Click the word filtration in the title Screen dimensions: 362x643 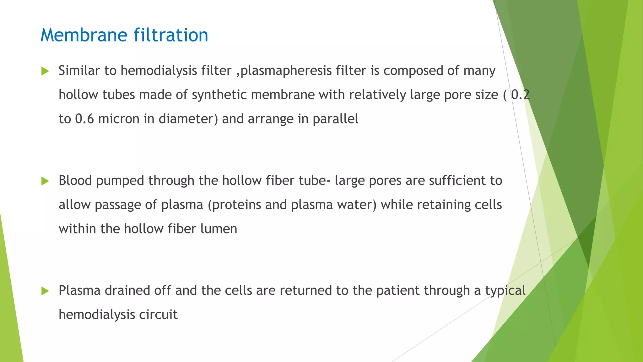tap(171, 35)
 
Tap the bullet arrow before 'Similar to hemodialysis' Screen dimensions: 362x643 tap(45, 71)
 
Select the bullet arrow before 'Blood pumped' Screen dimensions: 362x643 tap(45, 181)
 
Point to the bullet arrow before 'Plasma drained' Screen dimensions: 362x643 tap(45, 291)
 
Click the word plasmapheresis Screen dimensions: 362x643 tap(286, 71)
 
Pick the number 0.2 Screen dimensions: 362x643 tap(520, 95)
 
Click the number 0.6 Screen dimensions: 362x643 tap(84, 119)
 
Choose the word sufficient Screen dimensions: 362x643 tap(457, 181)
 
